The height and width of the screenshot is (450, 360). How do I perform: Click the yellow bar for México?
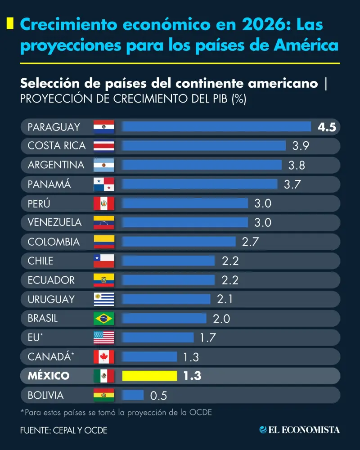149,375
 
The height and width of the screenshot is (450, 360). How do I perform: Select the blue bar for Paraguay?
216,126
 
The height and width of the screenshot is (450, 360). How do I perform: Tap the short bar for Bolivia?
133,395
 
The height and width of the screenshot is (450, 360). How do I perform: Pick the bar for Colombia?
179,242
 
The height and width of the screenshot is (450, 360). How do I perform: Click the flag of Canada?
103,357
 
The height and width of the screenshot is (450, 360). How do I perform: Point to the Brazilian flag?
103,319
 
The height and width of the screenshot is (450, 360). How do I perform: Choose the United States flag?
103,337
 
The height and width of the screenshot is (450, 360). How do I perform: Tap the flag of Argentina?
103,165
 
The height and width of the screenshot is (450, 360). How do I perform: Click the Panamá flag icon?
103,184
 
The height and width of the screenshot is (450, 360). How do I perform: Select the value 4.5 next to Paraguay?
327,127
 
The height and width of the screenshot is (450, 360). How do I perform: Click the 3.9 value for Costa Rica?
301,146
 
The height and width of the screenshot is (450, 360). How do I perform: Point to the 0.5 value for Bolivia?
158,396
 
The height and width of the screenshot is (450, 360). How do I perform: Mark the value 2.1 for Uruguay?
225,299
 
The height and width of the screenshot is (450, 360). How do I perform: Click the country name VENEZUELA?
54,222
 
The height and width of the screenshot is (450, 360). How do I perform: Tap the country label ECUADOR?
51,280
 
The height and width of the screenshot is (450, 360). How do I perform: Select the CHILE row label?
40,261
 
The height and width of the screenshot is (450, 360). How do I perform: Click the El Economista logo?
300,430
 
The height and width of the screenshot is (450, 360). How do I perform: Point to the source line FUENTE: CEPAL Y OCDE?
63,430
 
